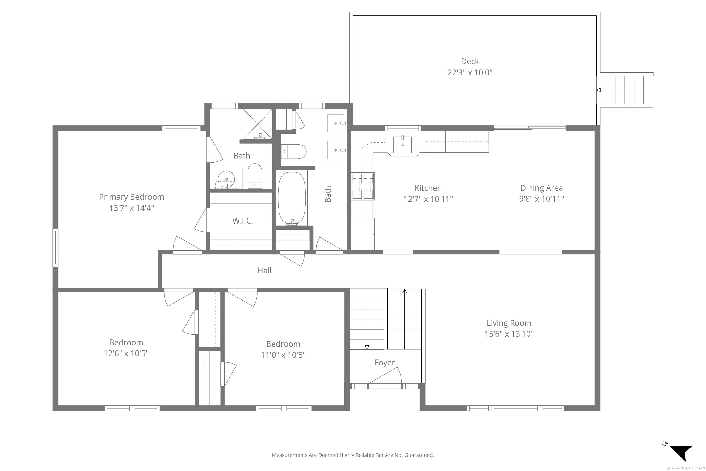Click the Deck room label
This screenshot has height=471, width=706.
tap(470, 62)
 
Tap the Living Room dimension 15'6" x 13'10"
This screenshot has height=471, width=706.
tap(509, 334)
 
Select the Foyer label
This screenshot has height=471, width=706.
tap(384, 362)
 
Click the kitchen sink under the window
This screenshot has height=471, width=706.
tap(402, 144)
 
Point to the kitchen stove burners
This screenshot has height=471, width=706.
tap(363, 187)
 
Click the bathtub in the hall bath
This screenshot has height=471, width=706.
tap(292, 198)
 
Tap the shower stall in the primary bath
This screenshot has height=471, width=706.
tap(257, 124)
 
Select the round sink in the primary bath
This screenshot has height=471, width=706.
tap(226, 178)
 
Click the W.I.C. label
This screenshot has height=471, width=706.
tap(242, 221)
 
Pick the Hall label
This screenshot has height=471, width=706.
tap(265, 271)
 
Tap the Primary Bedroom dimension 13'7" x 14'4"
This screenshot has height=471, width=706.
tap(131, 208)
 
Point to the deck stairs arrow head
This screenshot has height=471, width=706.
tap(598, 90)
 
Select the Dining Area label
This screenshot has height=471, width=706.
tap(541, 188)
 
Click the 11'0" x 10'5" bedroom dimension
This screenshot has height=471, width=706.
tap(283, 355)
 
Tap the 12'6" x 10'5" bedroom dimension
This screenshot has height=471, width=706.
tap(126, 353)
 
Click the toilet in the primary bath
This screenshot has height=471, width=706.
tap(255, 177)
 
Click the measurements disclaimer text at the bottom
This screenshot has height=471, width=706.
tap(353, 455)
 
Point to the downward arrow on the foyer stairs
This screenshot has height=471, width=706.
tap(367, 347)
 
